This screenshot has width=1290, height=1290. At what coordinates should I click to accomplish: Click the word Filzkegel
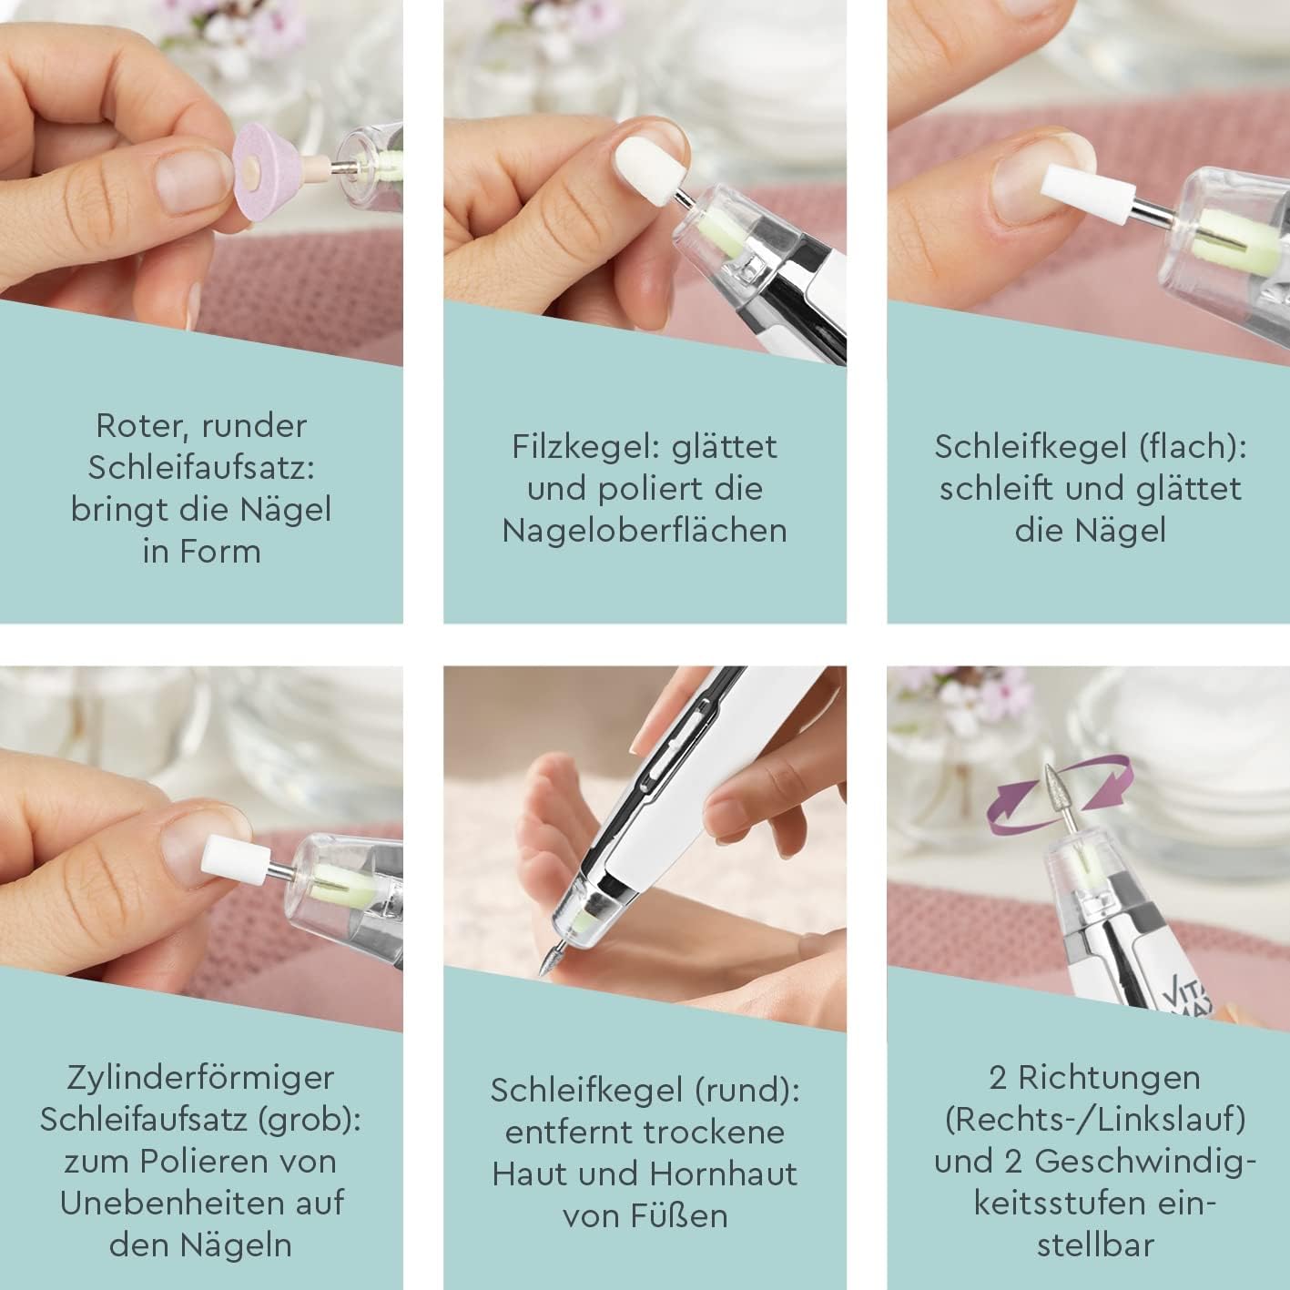[586, 447]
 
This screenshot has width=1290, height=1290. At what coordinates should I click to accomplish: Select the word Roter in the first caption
[136, 425]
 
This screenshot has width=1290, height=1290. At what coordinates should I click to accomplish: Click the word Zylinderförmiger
[201, 1078]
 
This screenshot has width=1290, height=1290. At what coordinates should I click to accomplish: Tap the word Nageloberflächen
[645, 531]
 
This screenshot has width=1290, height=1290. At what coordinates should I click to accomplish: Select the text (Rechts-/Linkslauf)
[1095, 1120]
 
